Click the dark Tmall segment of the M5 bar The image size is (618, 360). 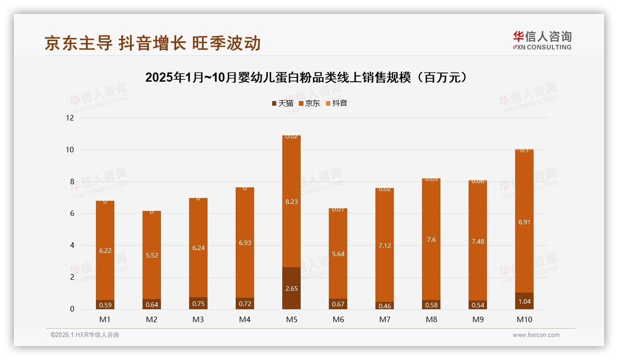point(291,288)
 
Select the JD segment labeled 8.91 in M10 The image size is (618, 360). point(524,222)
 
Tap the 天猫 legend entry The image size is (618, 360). point(282,103)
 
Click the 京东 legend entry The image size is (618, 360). point(309,103)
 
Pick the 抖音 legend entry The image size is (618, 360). point(336,103)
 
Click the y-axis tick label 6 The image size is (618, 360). point(71,214)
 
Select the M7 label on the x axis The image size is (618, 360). point(385,319)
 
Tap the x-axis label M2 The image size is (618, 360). point(152,319)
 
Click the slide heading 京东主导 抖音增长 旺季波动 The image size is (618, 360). point(153,43)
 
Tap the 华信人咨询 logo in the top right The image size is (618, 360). point(542,40)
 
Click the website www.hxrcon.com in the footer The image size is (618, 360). point(536,335)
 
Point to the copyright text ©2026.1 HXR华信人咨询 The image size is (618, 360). point(85,335)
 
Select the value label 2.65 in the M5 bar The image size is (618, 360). point(291,288)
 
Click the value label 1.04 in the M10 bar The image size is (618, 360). point(524,301)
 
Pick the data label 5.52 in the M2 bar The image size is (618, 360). point(152,255)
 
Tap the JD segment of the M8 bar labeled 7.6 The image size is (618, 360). point(431,239)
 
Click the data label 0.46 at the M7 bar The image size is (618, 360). point(385,306)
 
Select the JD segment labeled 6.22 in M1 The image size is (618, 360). point(105,251)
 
